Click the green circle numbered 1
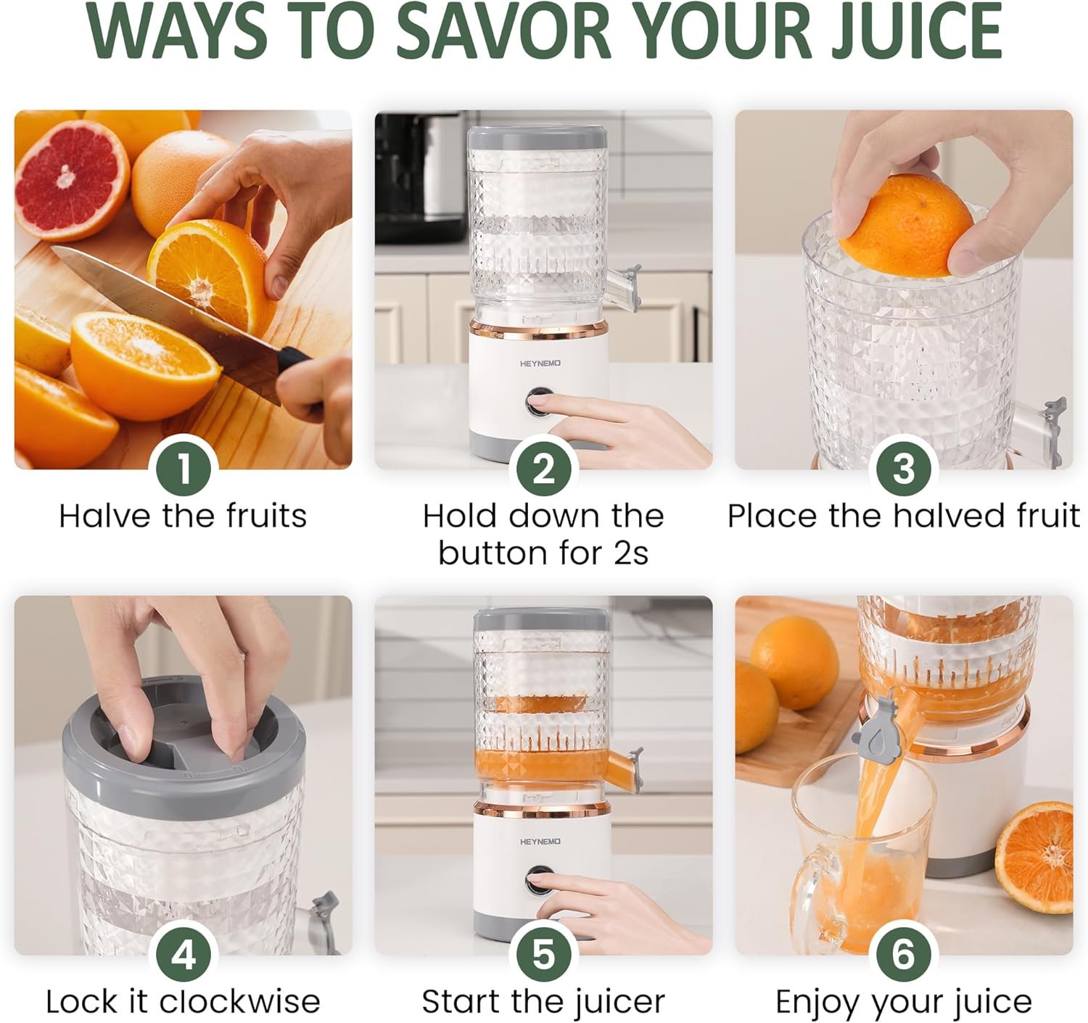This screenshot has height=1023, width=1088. click(184, 469)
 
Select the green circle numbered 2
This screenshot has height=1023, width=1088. click(543, 469)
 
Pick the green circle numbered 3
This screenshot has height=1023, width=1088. click(904, 469)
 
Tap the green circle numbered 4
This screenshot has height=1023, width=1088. click(184, 955)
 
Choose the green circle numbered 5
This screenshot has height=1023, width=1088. click(543, 955)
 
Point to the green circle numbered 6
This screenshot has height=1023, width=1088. click(904, 955)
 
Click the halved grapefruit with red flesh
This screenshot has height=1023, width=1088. click(71, 180)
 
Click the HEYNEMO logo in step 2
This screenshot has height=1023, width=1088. click(540, 363)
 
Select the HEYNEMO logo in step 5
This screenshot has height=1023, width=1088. click(540, 842)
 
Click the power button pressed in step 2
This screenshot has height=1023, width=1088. click(539, 403)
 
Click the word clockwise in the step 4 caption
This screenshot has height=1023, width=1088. click(240, 1002)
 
